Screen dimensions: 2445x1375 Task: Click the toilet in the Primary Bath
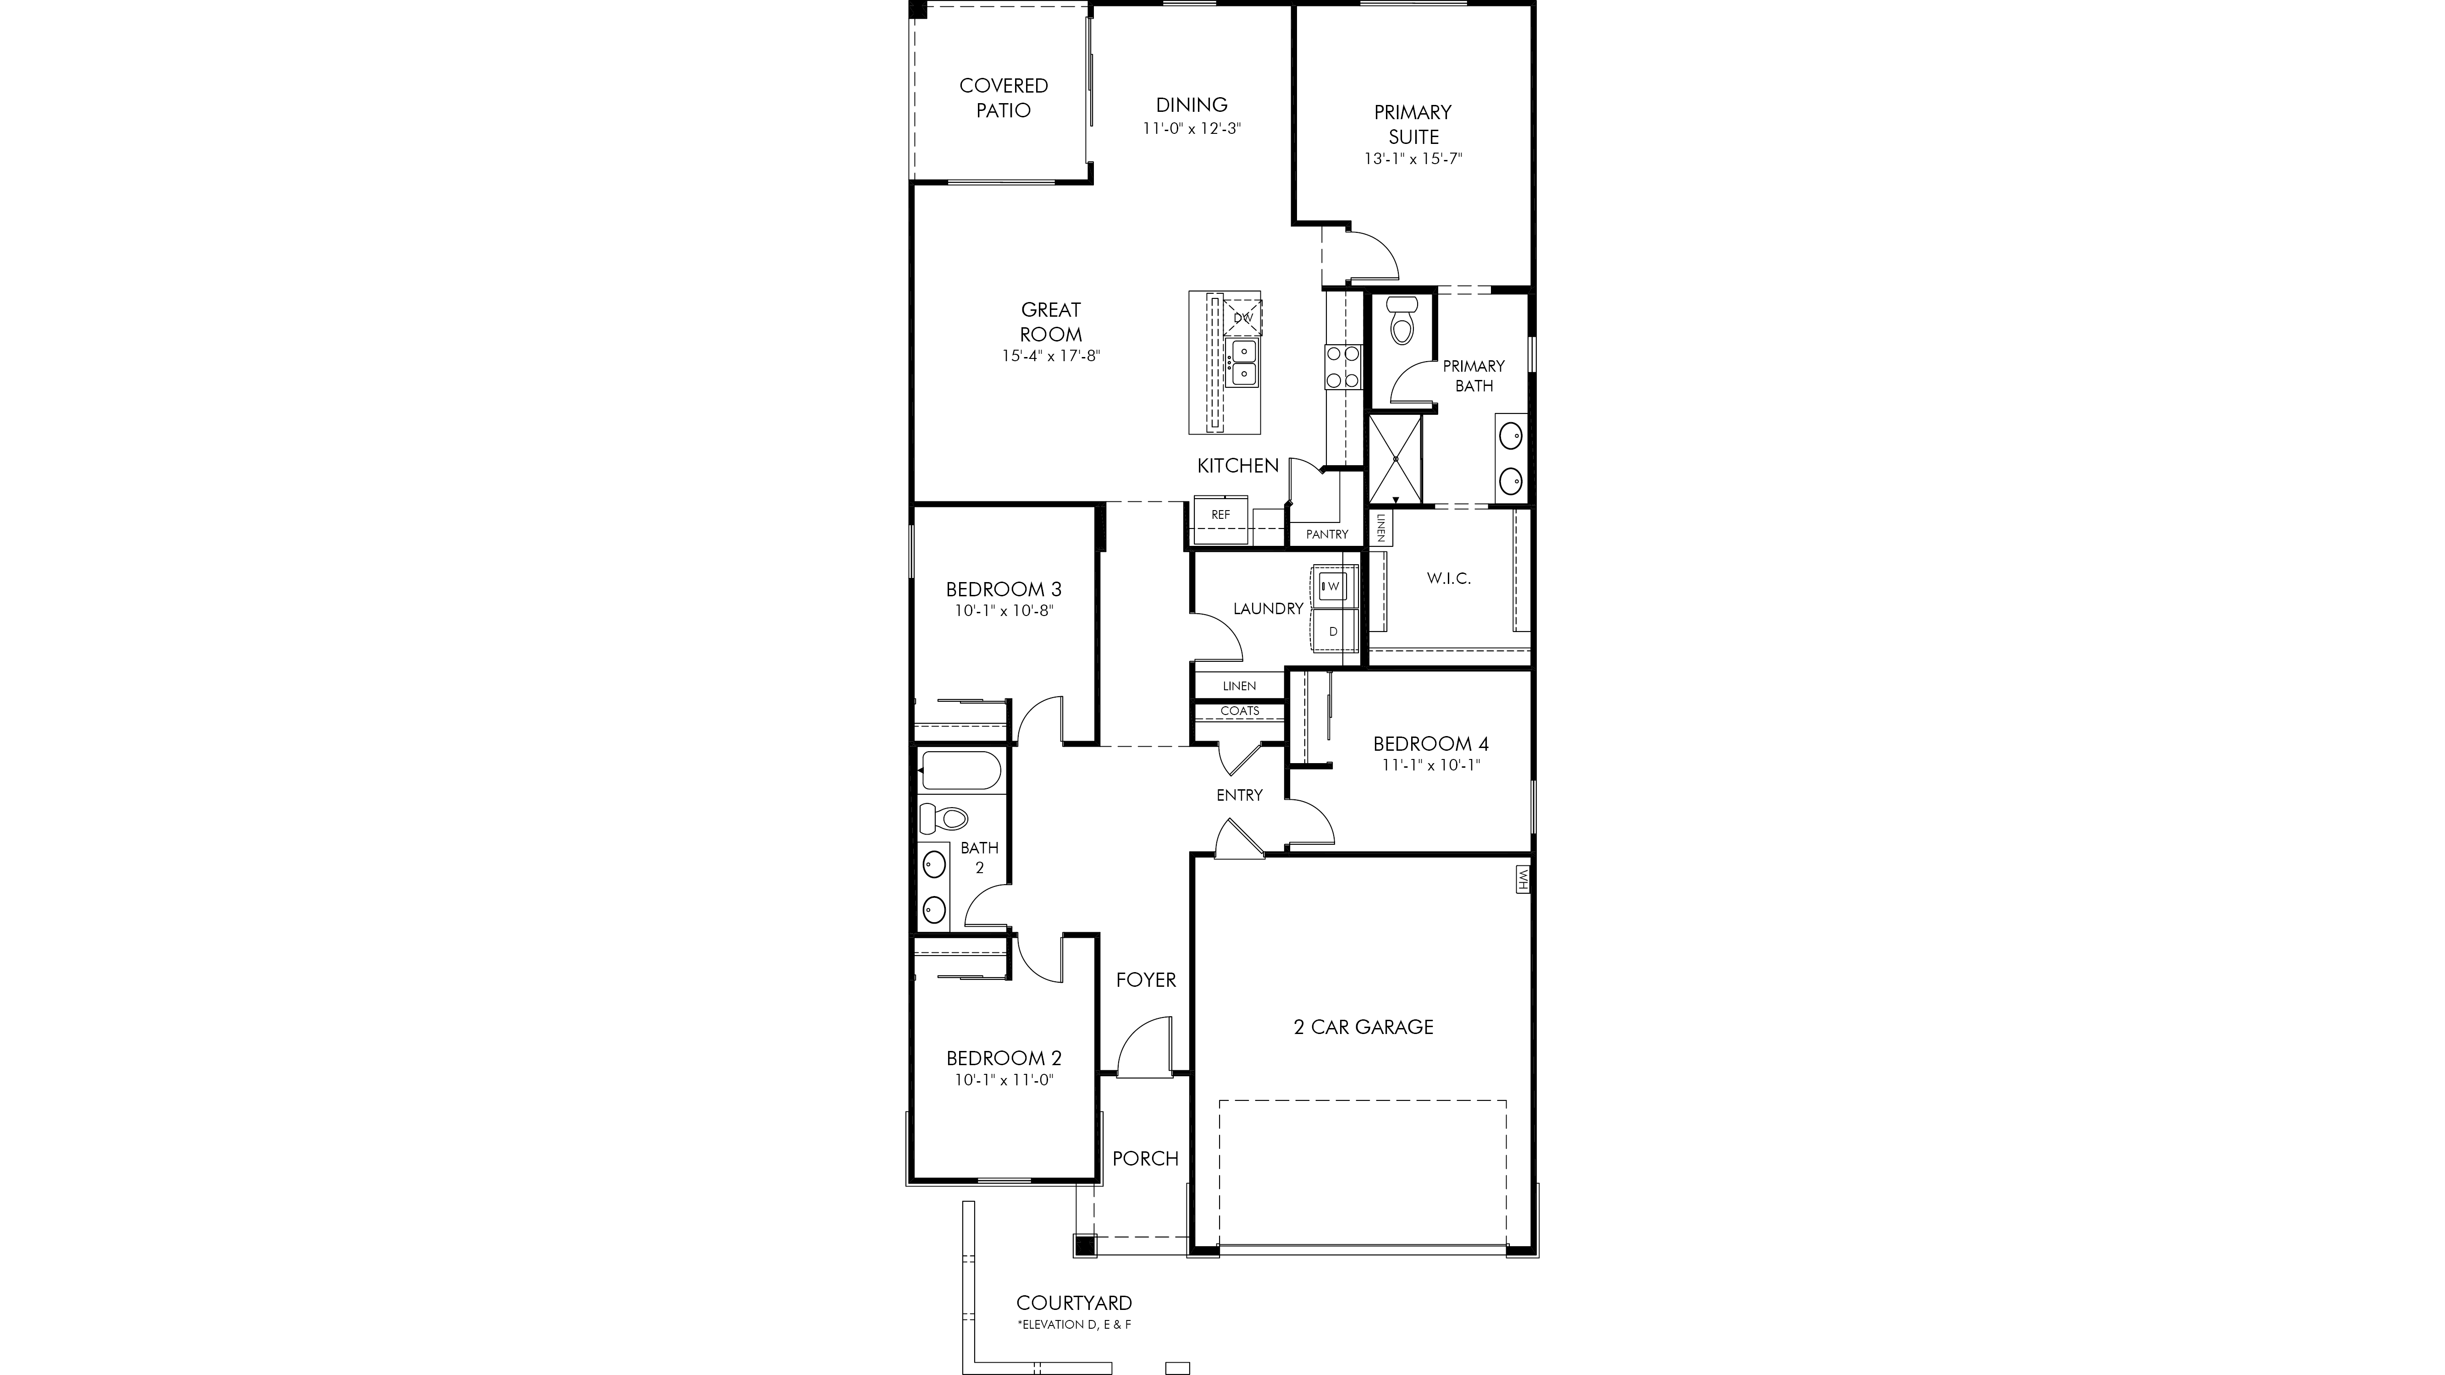[x=1401, y=320]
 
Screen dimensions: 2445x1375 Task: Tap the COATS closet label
[x=1240, y=711]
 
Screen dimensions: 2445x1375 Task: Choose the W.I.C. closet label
[x=1448, y=578]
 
